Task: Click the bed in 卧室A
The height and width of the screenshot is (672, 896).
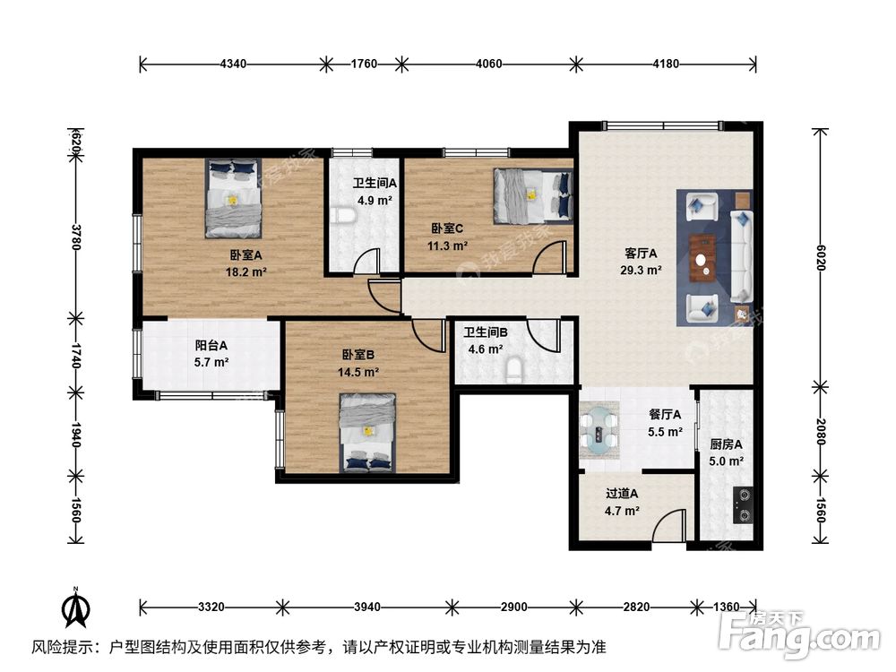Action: (x=233, y=198)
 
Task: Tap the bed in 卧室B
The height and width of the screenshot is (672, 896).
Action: (x=368, y=432)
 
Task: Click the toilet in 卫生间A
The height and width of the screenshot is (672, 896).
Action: (x=340, y=216)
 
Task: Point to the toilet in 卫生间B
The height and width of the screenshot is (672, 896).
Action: (x=513, y=370)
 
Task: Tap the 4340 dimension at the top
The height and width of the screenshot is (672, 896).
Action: (x=233, y=64)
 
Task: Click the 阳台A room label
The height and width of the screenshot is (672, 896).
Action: (x=211, y=346)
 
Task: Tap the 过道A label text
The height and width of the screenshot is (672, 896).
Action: (x=621, y=494)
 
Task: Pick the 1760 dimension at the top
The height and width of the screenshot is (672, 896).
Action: (x=363, y=64)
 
